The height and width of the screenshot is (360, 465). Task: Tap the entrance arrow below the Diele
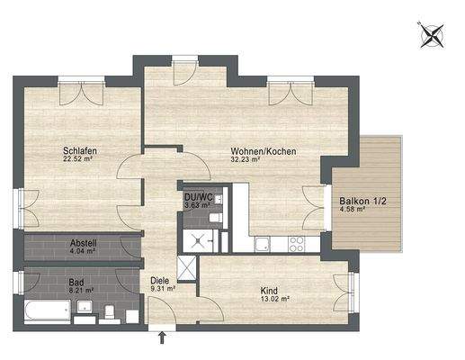pos(162,338)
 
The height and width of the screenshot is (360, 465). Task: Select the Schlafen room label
pos(79,150)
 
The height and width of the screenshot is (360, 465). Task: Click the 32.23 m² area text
pos(245,160)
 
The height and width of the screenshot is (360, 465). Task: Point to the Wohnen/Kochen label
pos(255,150)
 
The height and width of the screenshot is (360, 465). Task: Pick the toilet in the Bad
pos(108,312)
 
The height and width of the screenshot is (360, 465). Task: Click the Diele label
pos(160,280)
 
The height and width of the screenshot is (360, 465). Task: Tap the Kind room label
pos(269,292)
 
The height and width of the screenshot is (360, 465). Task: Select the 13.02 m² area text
pos(270,301)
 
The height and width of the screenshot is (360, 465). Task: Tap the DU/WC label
pos(197,197)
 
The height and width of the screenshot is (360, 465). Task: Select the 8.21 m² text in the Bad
pos(82,291)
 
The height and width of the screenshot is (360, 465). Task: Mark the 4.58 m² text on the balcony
pos(353,211)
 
